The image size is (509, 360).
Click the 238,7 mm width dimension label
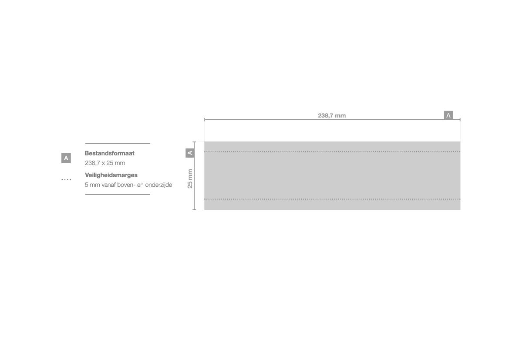pyautogui.click(x=332, y=115)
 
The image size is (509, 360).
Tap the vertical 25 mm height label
pyautogui.click(x=190, y=178)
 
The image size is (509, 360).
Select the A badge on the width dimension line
pyautogui.click(x=448, y=115)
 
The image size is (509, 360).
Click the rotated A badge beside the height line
pyautogui.click(x=190, y=153)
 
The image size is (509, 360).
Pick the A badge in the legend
pyautogui.click(x=66, y=158)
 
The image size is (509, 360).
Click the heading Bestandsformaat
pyautogui.click(x=109, y=153)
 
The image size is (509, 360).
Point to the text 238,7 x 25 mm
pyautogui.click(x=105, y=163)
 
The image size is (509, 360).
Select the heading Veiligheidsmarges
pyautogui.click(x=111, y=175)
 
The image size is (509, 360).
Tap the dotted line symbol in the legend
pyautogui.click(x=66, y=179)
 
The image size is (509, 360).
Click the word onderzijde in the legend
pyautogui.click(x=158, y=185)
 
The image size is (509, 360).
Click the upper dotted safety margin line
pyautogui.click(x=332, y=151)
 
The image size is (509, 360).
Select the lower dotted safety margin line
pyautogui.click(x=332, y=199)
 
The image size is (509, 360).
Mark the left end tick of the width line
pyautogui.click(x=205, y=120)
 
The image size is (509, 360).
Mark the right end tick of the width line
pyautogui.click(x=460, y=120)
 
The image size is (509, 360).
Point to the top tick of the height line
pyautogui.click(x=194, y=142)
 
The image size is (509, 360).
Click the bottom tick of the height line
pyautogui.click(x=194, y=210)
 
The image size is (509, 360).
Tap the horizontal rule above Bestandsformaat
pyautogui.click(x=118, y=144)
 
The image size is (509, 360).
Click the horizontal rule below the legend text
pyautogui.click(x=118, y=195)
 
